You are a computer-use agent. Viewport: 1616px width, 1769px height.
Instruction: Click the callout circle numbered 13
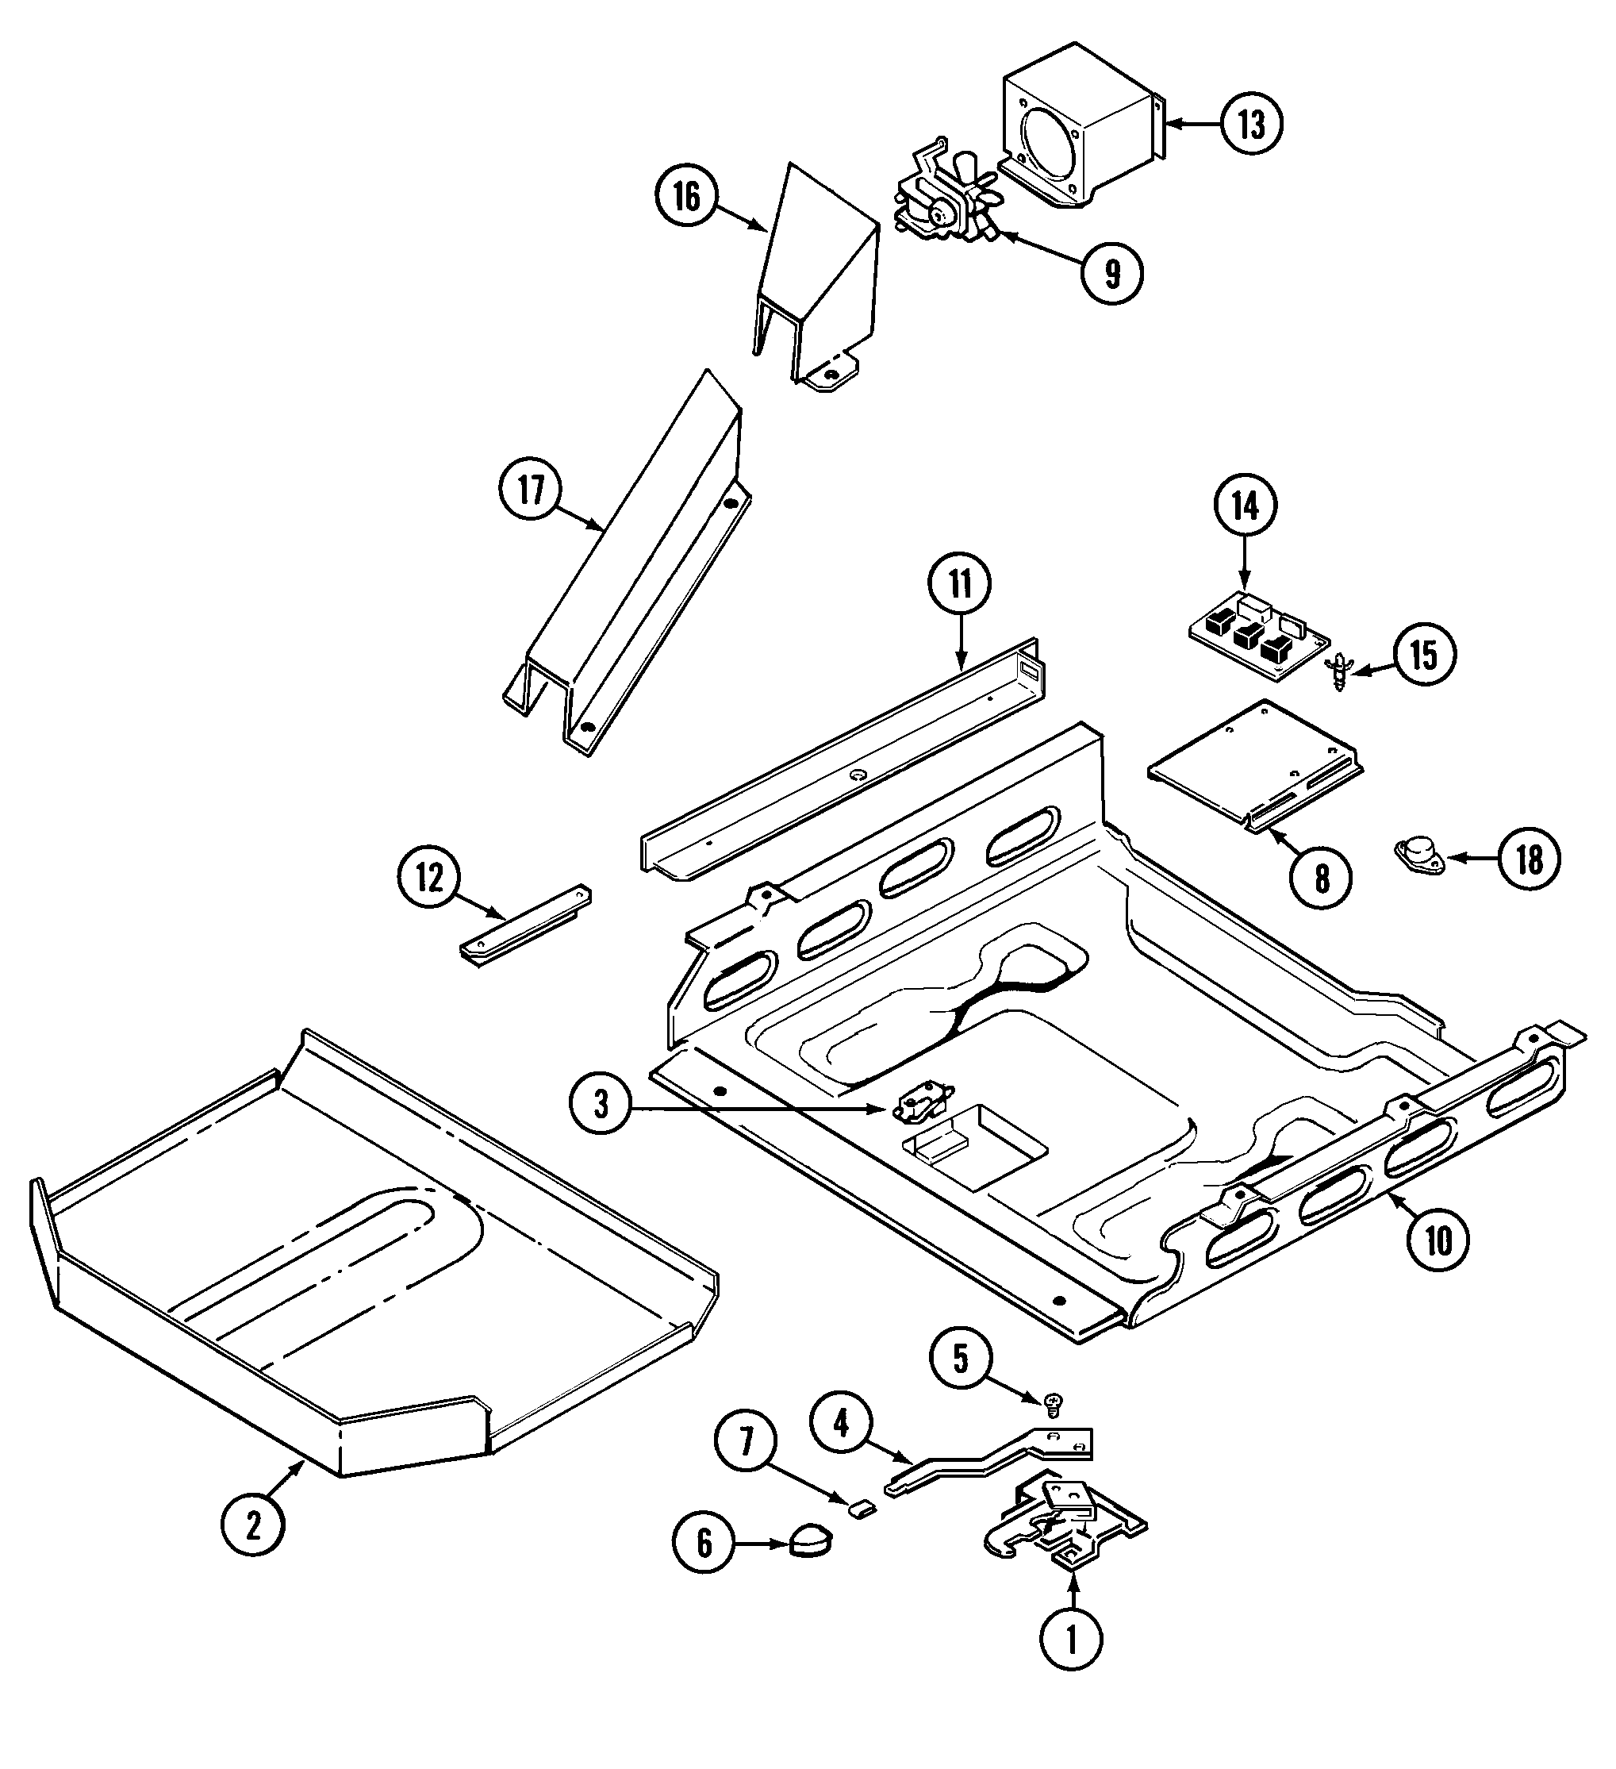tap(1251, 125)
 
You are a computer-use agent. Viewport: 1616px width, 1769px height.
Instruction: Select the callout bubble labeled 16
tap(687, 197)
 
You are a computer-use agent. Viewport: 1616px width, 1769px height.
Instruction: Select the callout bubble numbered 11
tap(961, 584)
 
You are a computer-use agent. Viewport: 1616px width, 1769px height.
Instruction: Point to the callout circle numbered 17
tap(532, 491)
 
